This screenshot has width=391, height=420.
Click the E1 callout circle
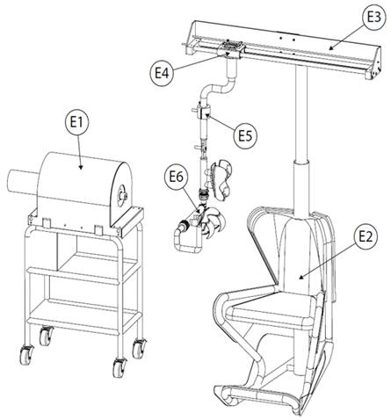click(x=76, y=122)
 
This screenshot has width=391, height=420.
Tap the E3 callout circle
click(x=373, y=18)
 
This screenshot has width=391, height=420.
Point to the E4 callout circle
click(x=162, y=73)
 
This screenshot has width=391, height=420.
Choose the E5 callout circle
click(x=245, y=136)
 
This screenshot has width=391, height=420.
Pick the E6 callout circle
click(x=177, y=177)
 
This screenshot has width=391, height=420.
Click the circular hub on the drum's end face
click(x=121, y=195)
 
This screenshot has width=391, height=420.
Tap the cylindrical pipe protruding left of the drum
click(x=22, y=182)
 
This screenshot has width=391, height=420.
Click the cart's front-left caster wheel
click(x=25, y=355)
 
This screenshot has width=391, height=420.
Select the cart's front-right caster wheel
click(x=119, y=367)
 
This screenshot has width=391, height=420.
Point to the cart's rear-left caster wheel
click(x=46, y=336)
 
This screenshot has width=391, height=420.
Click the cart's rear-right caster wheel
click(x=140, y=348)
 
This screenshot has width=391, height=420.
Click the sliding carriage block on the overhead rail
click(x=231, y=49)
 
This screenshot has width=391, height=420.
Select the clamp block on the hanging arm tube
click(x=204, y=112)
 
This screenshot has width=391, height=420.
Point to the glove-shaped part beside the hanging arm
click(x=221, y=179)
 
